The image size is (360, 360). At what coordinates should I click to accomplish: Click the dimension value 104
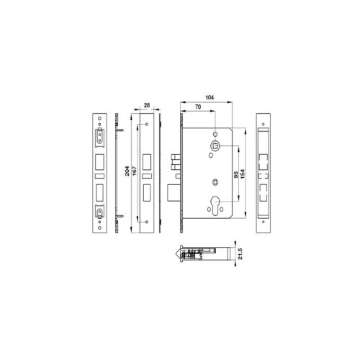[210, 96]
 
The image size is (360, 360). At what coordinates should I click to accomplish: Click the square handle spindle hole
[215, 147]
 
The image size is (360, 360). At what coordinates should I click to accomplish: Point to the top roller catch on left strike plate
[99, 135]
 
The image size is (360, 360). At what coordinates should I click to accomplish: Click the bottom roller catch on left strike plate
[99, 210]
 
